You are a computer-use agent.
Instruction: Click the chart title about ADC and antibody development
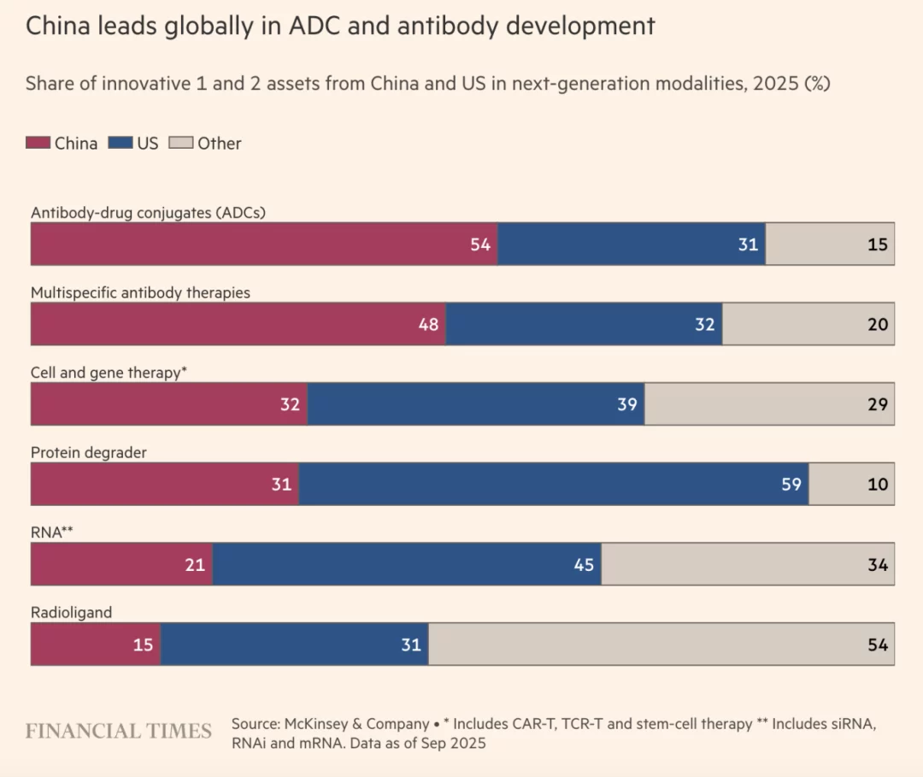(x=340, y=26)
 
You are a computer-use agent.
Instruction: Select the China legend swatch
(x=38, y=144)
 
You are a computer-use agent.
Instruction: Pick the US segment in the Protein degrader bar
(x=553, y=484)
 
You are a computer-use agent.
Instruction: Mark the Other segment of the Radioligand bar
(x=661, y=644)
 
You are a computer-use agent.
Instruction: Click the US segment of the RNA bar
(x=407, y=564)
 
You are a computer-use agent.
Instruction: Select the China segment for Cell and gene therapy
(x=168, y=404)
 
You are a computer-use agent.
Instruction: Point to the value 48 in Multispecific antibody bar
(x=428, y=325)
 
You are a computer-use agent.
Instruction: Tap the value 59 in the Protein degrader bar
(x=791, y=485)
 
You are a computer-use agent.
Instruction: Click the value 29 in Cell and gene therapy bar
(x=878, y=404)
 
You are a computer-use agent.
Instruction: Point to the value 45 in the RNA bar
(x=584, y=565)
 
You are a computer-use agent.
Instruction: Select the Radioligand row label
(x=71, y=612)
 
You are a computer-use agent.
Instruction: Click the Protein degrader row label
(x=88, y=452)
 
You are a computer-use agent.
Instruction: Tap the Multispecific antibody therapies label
(x=140, y=292)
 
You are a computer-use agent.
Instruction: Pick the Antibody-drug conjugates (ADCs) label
(x=148, y=212)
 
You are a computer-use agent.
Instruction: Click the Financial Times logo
(x=118, y=731)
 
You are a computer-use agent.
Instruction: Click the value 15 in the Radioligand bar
(x=143, y=645)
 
